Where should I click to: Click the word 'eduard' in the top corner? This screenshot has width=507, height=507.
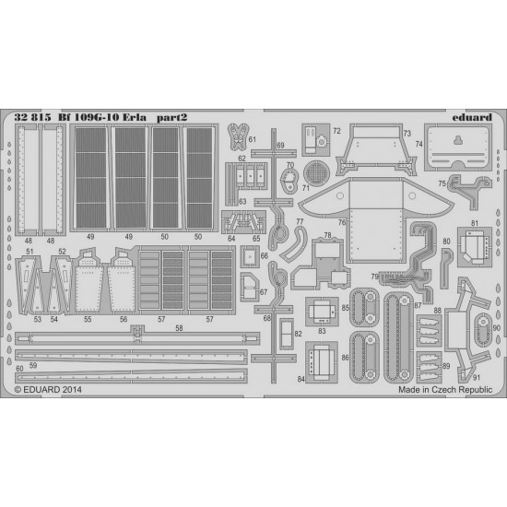[x=472, y=117]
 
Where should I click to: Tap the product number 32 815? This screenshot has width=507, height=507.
[x=32, y=117]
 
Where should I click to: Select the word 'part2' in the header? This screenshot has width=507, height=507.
[x=171, y=118]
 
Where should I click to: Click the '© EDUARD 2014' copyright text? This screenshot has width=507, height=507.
[x=48, y=390]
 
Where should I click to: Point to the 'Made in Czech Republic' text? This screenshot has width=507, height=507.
[x=445, y=390]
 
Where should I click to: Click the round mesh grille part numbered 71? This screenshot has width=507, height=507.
[x=316, y=172]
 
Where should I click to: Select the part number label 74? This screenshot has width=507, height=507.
[x=419, y=144]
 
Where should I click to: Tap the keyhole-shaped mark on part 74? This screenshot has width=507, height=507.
[x=458, y=140]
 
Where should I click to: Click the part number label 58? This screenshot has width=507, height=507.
[x=179, y=328]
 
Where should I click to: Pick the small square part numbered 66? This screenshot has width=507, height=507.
[x=250, y=256]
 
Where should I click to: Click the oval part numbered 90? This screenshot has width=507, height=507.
[x=482, y=330]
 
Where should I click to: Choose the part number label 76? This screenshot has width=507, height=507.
[x=342, y=222]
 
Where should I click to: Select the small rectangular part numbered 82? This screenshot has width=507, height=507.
[x=287, y=334]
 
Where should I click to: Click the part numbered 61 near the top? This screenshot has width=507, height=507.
[x=238, y=137]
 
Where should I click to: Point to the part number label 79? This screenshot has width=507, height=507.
[x=374, y=277]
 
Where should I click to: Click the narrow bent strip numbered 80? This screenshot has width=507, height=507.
[x=446, y=268]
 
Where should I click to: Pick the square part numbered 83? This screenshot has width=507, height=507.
[x=322, y=312]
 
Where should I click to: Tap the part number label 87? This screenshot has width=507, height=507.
[x=418, y=305]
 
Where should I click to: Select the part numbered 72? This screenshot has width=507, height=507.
[x=316, y=140]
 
